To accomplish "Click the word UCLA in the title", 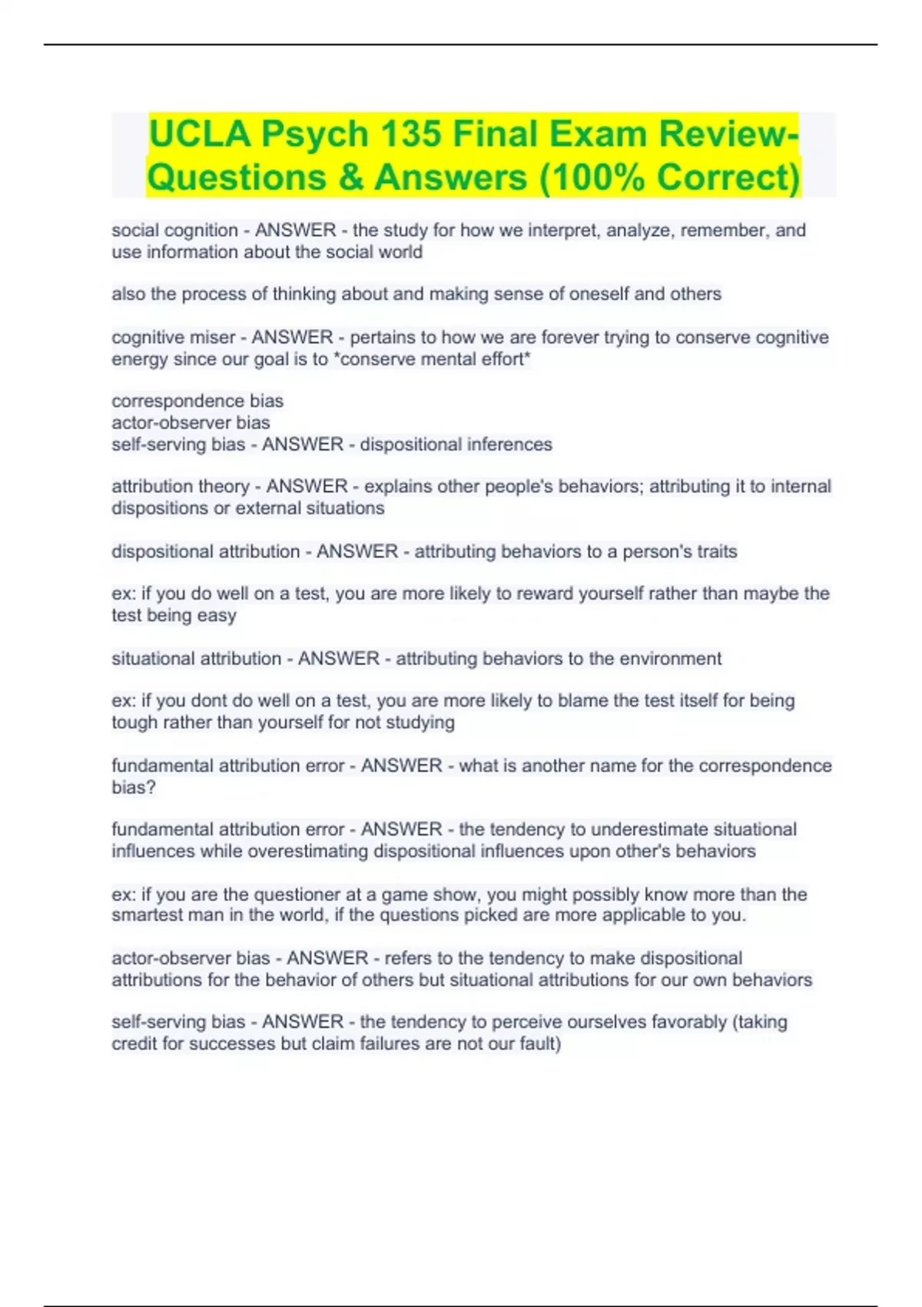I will coord(200,135).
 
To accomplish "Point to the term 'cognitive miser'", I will coord(173,338).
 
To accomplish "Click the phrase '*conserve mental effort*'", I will coord(433,359).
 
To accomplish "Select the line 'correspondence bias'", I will coord(197,401).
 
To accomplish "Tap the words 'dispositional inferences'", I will coord(456,444).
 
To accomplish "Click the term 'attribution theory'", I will coord(181,487).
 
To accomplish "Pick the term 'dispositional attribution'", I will coord(205,551).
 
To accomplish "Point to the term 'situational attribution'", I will coord(196,659).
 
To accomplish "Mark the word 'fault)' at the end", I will coord(542,1044).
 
